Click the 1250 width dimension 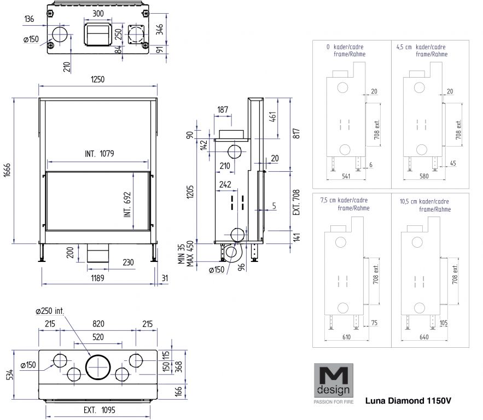pyautogui.click(x=97, y=79)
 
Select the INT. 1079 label pyautogui.click(x=99, y=154)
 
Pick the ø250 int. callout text pyautogui.click(x=50, y=311)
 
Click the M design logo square pyautogui.click(x=333, y=381)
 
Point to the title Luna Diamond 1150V pyautogui.click(x=408, y=400)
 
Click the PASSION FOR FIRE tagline pyautogui.click(x=333, y=402)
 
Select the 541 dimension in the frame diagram pyautogui.click(x=346, y=176)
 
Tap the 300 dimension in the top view pyautogui.click(x=98, y=13)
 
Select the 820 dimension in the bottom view pyautogui.click(x=98, y=324)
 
